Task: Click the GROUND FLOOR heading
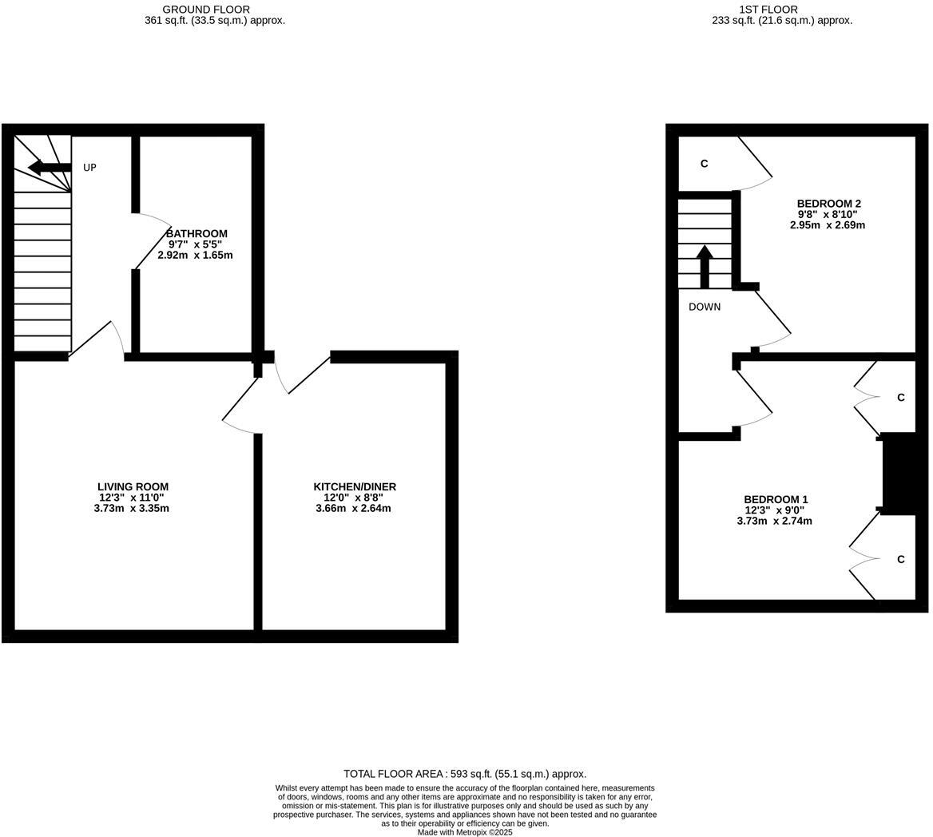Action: tap(206, 10)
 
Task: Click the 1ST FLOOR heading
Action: tap(768, 10)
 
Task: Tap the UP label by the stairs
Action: tap(89, 168)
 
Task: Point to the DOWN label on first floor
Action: tap(704, 307)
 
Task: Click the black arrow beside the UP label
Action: tap(49, 168)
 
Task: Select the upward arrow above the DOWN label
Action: tap(705, 265)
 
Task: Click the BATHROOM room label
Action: tap(197, 233)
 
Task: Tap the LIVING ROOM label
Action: tap(133, 486)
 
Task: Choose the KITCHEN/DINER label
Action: tap(354, 486)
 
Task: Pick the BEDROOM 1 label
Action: tap(775, 499)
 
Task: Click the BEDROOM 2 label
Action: tap(828, 204)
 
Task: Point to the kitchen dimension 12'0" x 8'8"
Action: tap(353, 497)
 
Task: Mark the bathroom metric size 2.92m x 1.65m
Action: tap(195, 255)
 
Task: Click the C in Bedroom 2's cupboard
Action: tap(704, 164)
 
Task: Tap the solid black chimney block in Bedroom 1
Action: tap(898, 473)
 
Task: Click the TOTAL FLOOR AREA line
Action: tap(464, 773)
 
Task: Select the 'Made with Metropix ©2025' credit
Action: tap(464, 832)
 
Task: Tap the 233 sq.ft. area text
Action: tap(781, 21)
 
